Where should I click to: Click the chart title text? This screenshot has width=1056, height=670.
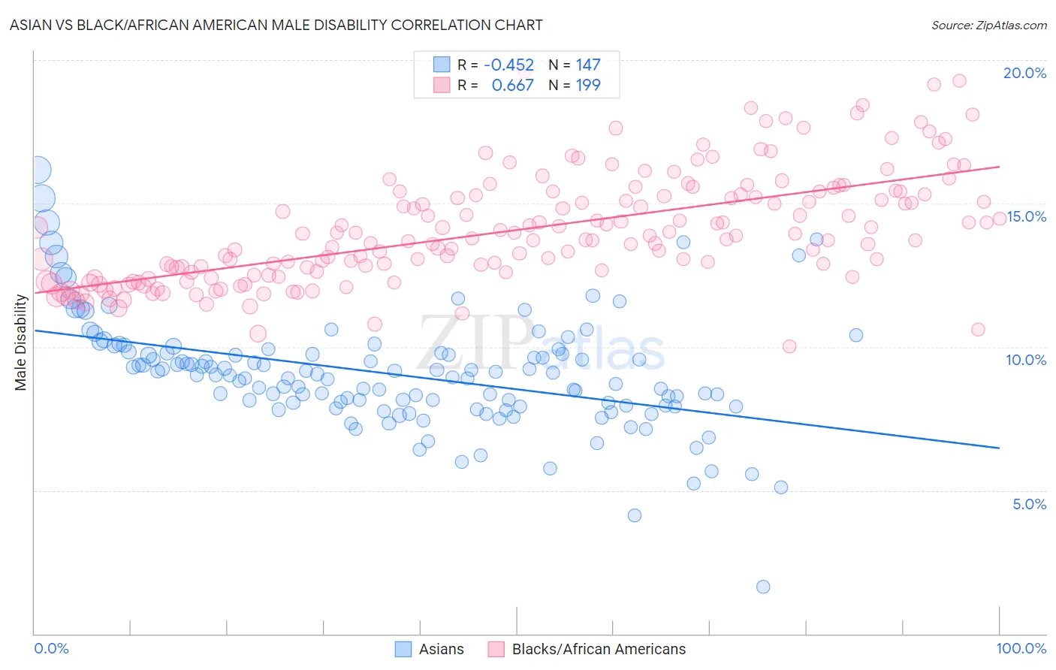click(276, 25)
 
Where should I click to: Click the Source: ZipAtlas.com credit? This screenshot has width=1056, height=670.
click(988, 25)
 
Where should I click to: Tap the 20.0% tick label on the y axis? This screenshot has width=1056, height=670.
click(1024, 73)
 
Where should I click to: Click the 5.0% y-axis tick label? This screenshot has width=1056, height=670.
click(1028, 504)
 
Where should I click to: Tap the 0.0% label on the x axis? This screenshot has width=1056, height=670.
click(51, 648)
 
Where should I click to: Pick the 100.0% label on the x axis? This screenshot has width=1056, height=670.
click(1021, 648)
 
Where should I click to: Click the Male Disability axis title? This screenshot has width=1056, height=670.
click(21, 342)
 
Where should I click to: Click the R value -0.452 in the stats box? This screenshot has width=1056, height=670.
click(508, 65)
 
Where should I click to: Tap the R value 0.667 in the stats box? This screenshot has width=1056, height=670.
click(512, 86)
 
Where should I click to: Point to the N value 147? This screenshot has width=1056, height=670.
click(587, 65)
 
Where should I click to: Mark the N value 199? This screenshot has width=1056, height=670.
click(587, 86)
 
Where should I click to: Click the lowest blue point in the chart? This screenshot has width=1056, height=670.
click(763, 587)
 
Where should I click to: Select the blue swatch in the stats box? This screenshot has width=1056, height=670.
click(441, 65)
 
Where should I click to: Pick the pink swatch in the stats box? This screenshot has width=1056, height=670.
click(441, 86)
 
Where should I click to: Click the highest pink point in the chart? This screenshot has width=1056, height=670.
click(959, 80)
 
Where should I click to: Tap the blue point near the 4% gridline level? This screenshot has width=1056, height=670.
click(635, 515)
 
